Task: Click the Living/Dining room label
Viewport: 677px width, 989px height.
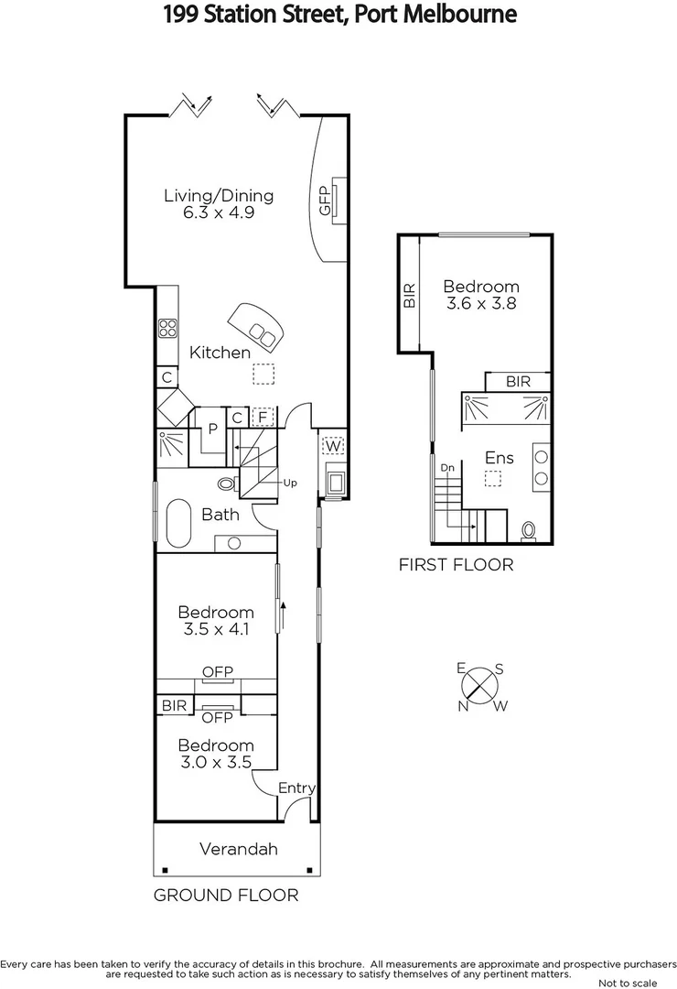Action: pyautogui.click(x=219, y=195)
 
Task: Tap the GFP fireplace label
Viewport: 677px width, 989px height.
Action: pyautogui.click(x=324, y=201)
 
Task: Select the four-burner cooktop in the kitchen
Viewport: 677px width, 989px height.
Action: pyautogui.click(x=167, y=328)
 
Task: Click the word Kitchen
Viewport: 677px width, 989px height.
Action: pyautogui.click(x=220, y=353)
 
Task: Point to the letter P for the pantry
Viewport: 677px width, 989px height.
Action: pyautogui.click(x=211, y=428)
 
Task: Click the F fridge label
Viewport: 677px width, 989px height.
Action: pyautogui.click(x=263, y=418)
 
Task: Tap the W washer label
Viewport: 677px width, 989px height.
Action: pyautogui.click(x=333, y=446)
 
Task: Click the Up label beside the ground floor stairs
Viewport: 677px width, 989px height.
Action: pyautogui.click(x=292, y=482)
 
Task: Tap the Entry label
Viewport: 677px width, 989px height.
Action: pyautogui.click(x=296, y=788)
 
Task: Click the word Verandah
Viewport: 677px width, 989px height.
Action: pyautogui.click(x=238, y=849)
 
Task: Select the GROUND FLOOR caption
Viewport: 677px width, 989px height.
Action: pyautogui.click(x=225, y=895)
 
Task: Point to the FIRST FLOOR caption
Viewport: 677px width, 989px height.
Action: pyautogui.click(x=456, y=565)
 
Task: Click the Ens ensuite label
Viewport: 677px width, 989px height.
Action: pyautogui.click(x=500, y=458)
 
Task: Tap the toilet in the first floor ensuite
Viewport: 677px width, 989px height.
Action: pyautogui.click(x=528, y=530)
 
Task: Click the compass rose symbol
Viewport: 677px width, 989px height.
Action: pyautogui.click(x=480, y=685)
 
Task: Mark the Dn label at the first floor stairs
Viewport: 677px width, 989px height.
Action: pyautogui.click(x=447, y=468)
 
